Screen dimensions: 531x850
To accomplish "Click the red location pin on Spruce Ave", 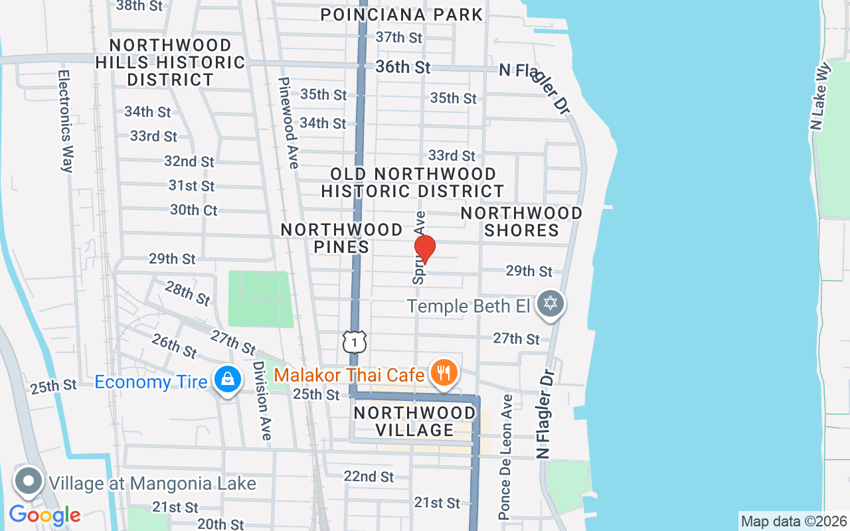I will click(x=424, y=249).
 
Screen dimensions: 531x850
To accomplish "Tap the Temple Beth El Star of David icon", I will click(x=550, y=304).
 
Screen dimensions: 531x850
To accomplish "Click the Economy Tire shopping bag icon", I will click(x=227, y=380).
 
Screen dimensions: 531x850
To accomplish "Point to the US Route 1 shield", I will click(x=355, y=342).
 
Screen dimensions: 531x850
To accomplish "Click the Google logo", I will click(x=44, y=515).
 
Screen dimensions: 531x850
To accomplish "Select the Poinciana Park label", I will click(x=402, y=15).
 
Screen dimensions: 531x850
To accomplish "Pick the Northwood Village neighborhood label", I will click(x=414, y=421).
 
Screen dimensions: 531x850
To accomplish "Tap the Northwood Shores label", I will click(x=521, y=222).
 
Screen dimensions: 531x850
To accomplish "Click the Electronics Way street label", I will click(x=64, y=121).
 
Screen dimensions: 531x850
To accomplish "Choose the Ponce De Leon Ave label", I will click(x=506, y=457).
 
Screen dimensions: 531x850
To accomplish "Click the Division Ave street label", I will click(x=262, y=401).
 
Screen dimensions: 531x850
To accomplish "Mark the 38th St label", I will click(x=139, y=6).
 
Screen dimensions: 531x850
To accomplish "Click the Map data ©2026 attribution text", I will click(x=794, y=521).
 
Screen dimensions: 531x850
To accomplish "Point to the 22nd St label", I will click(x=369, y=477).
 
